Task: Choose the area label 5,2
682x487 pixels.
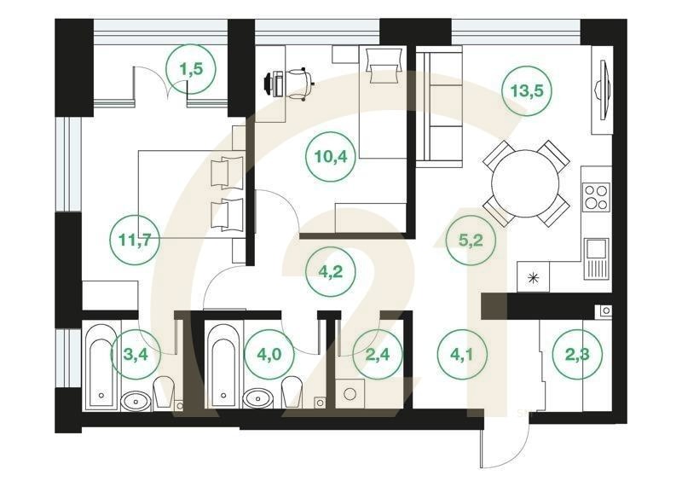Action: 471,240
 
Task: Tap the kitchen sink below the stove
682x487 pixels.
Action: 597,255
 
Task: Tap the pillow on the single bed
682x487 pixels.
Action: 381,61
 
